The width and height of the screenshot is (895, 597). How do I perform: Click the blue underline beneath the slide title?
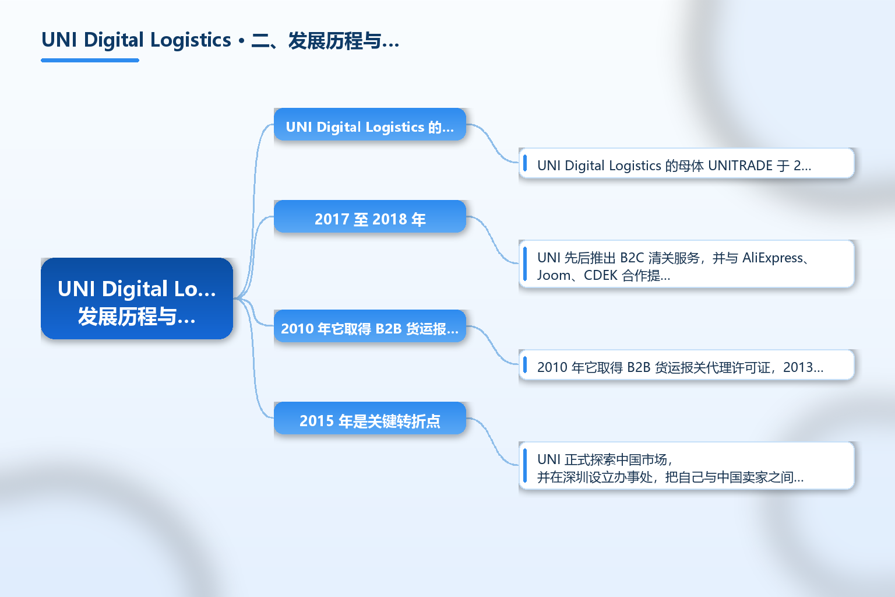[90, 61]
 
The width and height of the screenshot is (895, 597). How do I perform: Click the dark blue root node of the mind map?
[137, 298]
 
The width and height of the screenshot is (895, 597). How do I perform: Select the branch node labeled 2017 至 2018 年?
[370, 216]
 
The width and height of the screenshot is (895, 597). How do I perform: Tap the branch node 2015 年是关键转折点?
[370, 418]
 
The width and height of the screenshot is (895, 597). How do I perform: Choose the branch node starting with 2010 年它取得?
[370, 326]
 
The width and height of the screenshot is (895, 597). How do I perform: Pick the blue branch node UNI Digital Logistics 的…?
[370, 124]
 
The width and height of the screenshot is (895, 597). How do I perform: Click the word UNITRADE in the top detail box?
[741, 166]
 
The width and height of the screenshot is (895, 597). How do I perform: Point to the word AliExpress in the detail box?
[772, 258]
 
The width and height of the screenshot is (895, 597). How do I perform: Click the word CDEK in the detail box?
[601, 275]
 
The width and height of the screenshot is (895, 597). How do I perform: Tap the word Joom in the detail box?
[554, 275]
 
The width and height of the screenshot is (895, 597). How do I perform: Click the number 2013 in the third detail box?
[798, 367]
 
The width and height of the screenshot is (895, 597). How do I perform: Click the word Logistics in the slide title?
[191, 40]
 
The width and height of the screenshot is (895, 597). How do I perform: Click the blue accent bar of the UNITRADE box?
[525, 163]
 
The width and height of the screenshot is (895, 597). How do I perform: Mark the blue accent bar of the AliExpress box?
[525, 264]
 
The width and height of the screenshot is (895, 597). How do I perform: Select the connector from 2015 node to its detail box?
[492, 441]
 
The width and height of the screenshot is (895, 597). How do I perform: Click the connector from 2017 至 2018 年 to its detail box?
[492, 240]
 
